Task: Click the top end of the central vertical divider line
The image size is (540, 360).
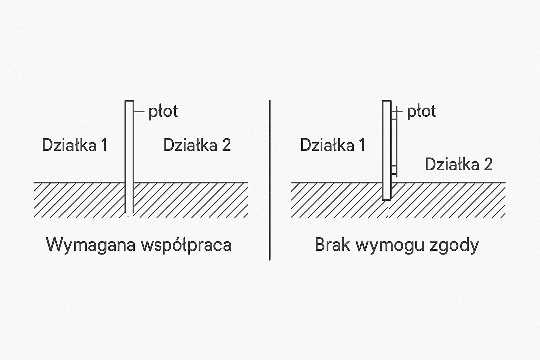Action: coord(270,101)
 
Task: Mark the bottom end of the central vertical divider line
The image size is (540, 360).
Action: coord(270,260)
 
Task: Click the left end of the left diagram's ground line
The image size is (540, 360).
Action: coord(34,182)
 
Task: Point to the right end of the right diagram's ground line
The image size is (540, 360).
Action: coord(505,182)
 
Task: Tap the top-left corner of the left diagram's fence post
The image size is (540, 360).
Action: coord(125,101)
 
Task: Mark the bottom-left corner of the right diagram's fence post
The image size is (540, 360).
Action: coord(383,200)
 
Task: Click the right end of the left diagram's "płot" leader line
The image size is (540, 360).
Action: coord(144,111)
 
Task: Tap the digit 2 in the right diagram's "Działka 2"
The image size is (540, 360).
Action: coord(488,165)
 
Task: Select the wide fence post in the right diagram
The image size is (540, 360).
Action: coord(387,150)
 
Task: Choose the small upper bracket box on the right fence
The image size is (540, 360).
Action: coord(394,115)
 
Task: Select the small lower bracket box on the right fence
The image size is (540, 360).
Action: coord(394,170)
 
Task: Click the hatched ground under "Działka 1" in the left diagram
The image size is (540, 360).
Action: coord(79,200)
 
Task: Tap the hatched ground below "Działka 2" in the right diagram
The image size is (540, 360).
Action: coord(448,200)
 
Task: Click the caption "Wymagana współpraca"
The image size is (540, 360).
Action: coord(139,245)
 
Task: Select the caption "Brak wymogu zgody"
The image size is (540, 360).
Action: coord(397,245)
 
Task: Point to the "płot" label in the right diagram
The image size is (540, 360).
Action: coord(422,112)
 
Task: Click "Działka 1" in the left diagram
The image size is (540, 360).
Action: coord(75,145)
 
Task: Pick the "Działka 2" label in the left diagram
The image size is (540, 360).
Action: coord(197,145)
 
